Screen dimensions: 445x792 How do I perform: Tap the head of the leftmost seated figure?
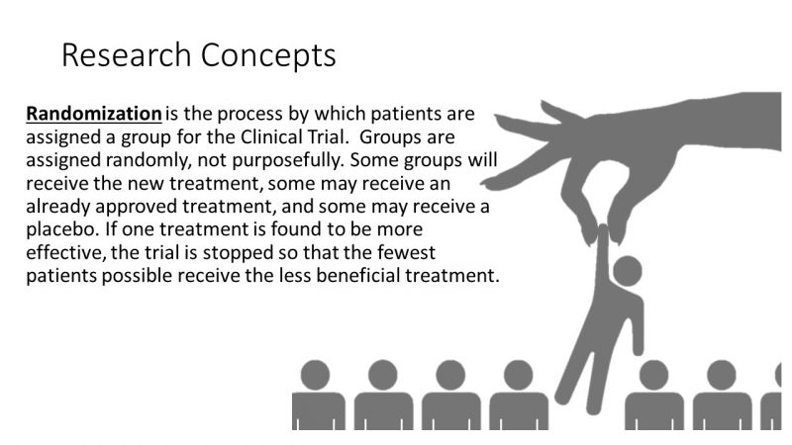[317, 377]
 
